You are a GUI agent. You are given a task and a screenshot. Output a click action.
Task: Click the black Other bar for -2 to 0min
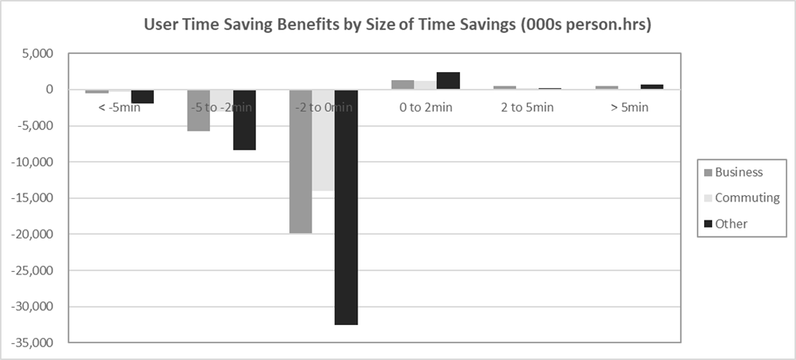click(x=346, y=207)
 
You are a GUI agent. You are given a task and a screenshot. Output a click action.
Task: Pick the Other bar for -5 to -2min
click(x=244, y=120)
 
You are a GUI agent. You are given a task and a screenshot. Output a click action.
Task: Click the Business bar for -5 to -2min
click(x=198, y=110)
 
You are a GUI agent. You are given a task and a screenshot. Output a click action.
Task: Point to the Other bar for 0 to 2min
click(x=448, y=81)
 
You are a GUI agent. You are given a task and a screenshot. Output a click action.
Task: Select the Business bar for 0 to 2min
click(x=403, y=85)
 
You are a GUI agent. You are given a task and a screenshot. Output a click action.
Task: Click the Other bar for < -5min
click(x=143, y=97)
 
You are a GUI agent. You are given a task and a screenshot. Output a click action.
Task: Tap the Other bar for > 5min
click(x=652, y=87)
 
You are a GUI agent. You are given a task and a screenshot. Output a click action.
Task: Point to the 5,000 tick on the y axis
click(x=36, y=54)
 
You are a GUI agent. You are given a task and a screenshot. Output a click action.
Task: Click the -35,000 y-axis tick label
click(x=31, y=343)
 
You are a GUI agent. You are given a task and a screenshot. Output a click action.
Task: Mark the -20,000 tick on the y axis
click(x=31, y=234)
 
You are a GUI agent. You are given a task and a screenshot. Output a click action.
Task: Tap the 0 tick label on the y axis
click(x=49, y=90)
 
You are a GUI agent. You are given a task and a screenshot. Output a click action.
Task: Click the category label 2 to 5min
click(x=527, y=107)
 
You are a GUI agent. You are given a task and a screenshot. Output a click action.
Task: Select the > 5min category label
click(x=630, y=107)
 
